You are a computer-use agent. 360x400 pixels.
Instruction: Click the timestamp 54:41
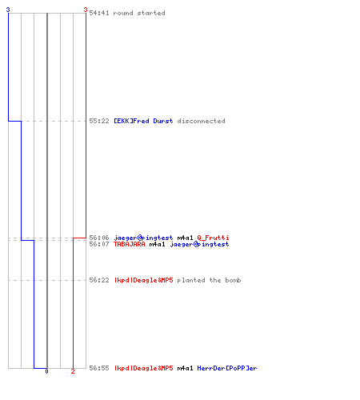(99, 13)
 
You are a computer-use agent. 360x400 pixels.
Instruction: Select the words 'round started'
(139, 13)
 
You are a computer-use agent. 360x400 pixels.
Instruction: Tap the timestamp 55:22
(99, 121)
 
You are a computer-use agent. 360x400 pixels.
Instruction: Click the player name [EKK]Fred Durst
(143, 121)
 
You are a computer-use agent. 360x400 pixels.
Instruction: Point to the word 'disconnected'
(201, 121)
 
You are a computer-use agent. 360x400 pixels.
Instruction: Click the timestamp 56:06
(99, 238)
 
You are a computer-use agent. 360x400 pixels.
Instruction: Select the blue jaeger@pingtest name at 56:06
(143, 238)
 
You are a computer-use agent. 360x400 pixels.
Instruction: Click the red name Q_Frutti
(213, 238)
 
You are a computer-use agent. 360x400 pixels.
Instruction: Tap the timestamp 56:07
(99, 244)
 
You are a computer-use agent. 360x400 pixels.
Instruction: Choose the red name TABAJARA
(130, 244)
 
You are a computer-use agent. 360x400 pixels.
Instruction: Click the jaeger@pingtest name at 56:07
(199, 244)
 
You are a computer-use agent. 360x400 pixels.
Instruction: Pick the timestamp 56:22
(99, 280)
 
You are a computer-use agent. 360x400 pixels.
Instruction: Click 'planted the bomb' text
(209, 280)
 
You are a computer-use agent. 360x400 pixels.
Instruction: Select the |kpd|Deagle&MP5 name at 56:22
(143, 280)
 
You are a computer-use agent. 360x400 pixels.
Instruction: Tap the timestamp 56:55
(99, 368)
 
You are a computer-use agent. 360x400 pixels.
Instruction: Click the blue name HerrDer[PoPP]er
(227, 368)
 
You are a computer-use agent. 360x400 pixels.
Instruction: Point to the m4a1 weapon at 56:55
(185, 368)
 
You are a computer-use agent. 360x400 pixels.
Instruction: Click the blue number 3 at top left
(8, 10)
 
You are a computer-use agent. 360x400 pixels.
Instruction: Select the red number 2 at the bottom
(73, 371)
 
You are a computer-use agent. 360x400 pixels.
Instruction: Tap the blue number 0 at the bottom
(46, 371)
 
